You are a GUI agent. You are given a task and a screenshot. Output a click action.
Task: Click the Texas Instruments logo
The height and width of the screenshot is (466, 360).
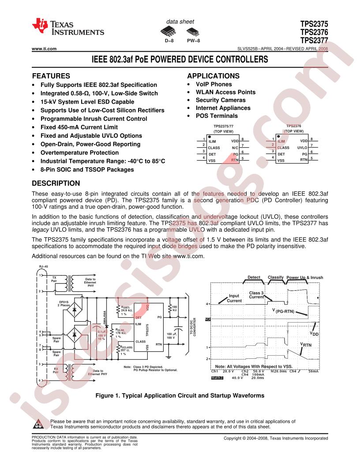coord(68,27)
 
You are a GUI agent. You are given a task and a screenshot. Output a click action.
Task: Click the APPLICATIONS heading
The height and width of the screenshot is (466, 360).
coord(213,75)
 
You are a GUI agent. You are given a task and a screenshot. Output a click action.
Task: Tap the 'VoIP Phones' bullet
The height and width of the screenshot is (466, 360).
coord(214,84)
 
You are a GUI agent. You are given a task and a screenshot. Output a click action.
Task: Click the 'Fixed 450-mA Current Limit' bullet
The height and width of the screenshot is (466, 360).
coord(79,128)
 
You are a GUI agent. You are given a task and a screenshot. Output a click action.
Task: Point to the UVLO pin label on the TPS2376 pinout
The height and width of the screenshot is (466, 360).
coord(302,148)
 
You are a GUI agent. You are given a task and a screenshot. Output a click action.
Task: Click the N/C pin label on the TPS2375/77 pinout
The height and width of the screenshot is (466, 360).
coord(235,148)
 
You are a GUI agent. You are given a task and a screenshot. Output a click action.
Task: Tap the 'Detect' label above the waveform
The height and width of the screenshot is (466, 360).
coord(254,278)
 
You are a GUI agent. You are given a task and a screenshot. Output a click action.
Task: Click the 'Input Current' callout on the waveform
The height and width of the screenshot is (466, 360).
coord(234,298)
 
